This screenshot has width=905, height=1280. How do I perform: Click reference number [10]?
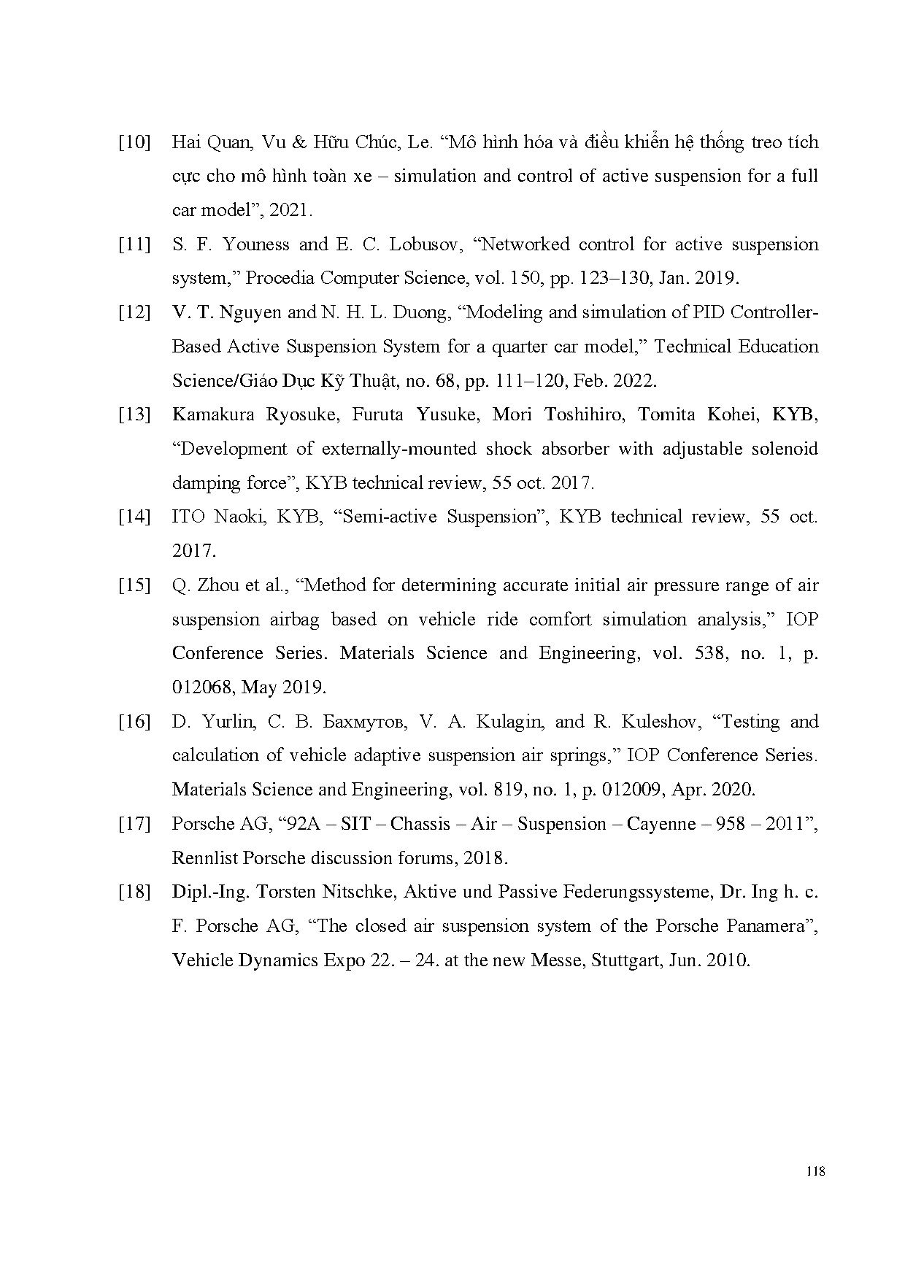134,142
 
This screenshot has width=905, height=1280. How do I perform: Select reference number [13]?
134,415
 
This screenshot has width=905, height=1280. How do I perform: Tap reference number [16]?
134,722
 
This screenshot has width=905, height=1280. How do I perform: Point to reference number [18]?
134,892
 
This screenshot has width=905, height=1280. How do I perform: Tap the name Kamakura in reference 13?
213,415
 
